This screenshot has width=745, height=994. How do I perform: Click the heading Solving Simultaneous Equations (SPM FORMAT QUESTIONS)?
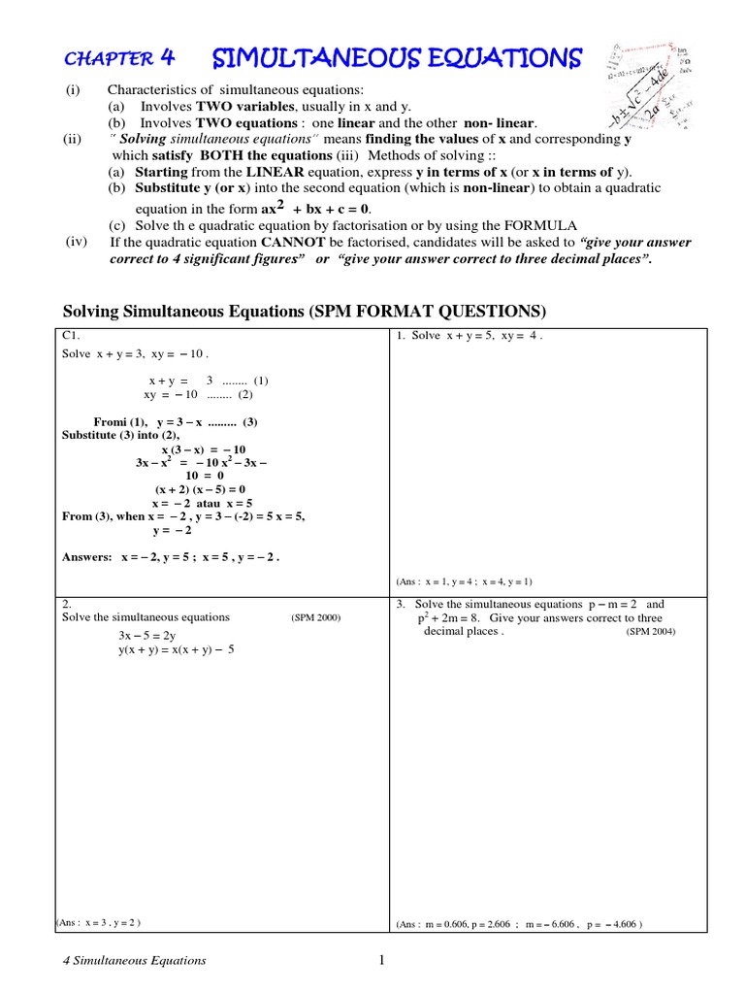(x=305, y=311)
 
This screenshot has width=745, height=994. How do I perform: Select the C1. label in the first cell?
(x=71, y=335)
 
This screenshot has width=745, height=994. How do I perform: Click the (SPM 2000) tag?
(x=315, y=617)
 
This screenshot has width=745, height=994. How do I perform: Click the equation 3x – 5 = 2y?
(x=154, y=635)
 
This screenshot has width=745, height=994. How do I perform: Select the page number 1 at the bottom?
(x=381, y=961)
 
